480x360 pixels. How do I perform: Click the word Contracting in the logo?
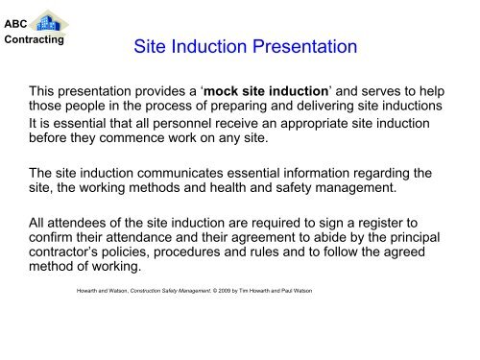33,40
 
